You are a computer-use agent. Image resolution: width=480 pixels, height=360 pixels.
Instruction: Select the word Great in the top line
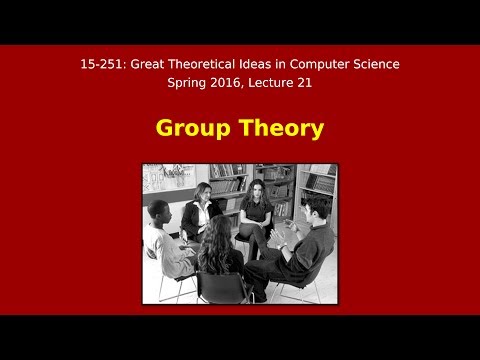click(153, 64)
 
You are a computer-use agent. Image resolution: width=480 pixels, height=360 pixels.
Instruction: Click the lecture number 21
click(318, 83)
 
